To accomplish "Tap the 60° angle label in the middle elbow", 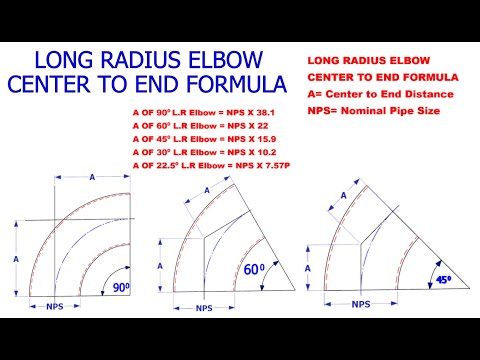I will pos(255,269).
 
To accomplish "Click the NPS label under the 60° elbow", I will pos(205,308).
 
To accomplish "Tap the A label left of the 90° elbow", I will pos(15,258).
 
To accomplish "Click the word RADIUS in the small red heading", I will pos(372,59).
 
